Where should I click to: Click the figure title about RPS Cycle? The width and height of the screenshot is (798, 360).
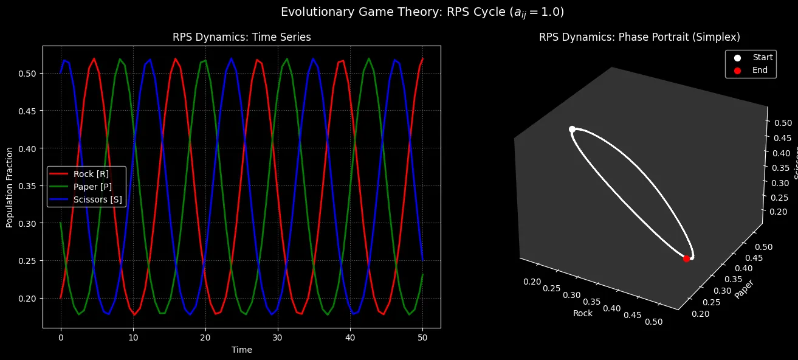(399, 12)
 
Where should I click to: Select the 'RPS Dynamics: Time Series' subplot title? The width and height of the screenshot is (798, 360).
(242, 37)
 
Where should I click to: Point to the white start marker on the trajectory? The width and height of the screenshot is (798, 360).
(572, 129)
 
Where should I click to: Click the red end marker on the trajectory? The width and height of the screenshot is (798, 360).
(686, 258)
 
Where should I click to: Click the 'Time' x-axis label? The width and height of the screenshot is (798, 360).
(242, 350)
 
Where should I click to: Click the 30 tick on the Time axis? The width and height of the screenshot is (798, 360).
(278, 336)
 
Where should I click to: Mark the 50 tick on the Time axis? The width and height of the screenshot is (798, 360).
(422, 336)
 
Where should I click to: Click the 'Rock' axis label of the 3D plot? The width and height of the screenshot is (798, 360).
(582, 314)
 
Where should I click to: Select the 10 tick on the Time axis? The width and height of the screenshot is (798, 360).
(133, 336)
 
